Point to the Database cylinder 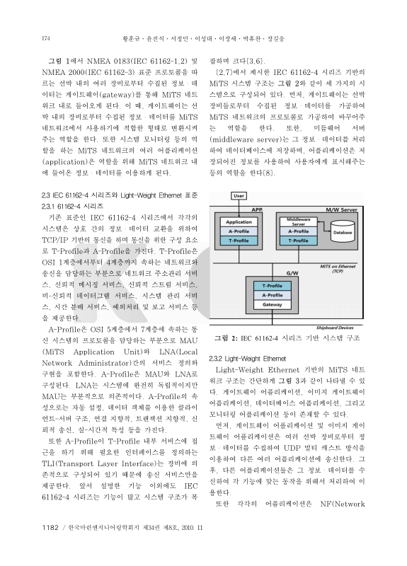point(343,230)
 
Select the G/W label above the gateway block point(291,272)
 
